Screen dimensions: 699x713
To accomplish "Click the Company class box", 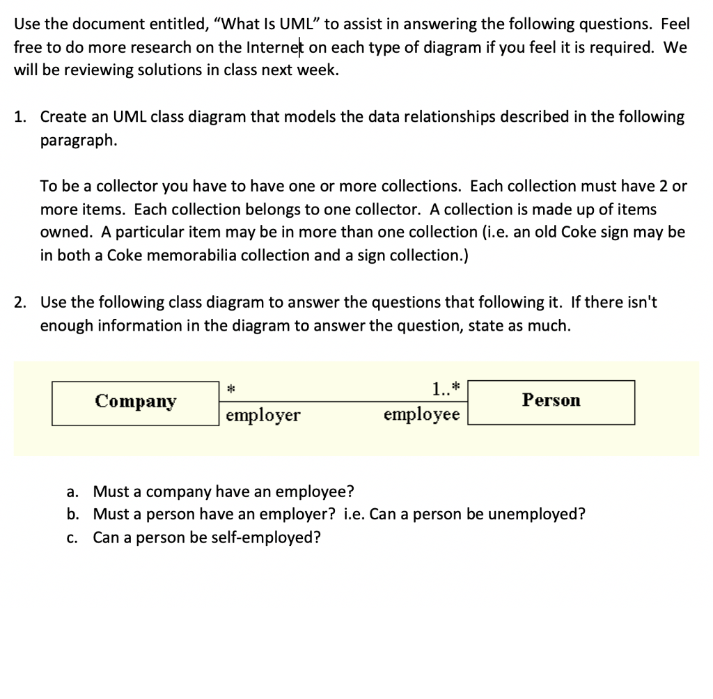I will [136, 402].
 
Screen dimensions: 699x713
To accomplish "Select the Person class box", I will [551, 401].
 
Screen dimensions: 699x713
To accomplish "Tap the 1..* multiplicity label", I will [446, 388].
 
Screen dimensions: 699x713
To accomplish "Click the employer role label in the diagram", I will [263, 416].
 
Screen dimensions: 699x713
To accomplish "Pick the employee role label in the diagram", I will [421, 415].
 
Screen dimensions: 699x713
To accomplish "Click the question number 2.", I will [20, 302].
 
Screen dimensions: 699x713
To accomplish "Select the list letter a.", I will [72, 492].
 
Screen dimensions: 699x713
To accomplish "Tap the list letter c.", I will [72, 537].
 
